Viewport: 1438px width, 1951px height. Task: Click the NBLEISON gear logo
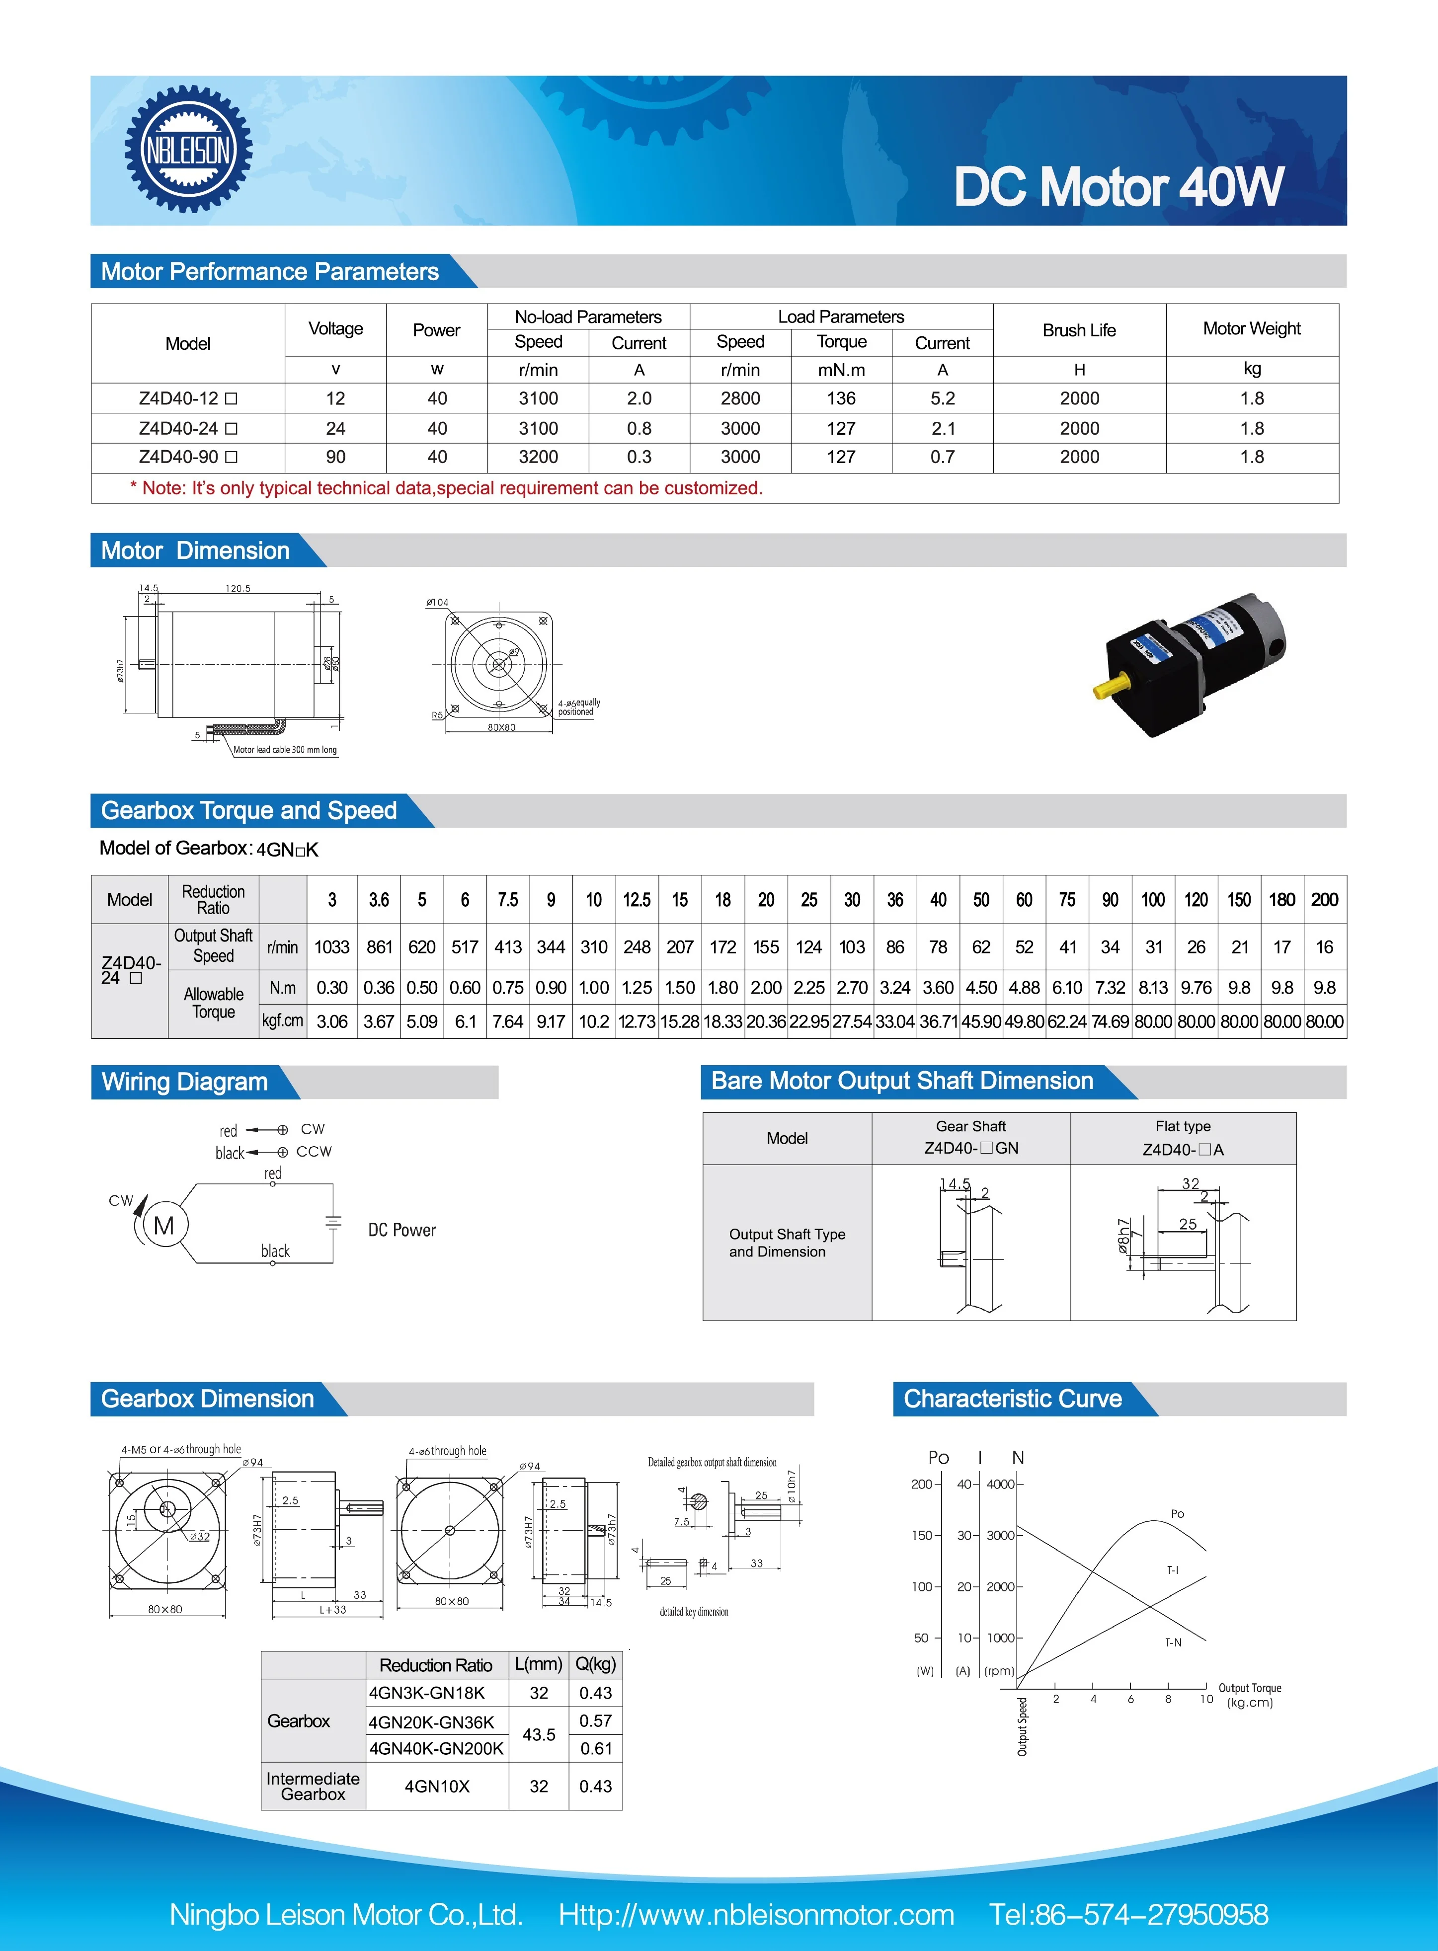click(x=188, y=150)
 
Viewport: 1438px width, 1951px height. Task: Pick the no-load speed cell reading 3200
click(x=538, y=457)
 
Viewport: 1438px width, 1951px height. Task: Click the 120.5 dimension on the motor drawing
click(x=238, y=588)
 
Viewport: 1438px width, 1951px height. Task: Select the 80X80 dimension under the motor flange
click(x=501, y=727)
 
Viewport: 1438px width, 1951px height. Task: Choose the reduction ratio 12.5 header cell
click(x=637, y=900)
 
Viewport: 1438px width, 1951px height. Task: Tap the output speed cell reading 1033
click(x=331, y=947)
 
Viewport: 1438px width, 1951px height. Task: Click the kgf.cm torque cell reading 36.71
click(x=938, y=1021)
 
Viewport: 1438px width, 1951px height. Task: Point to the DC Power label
click(x=401, y=1230)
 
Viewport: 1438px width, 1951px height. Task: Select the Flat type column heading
click(x=1183, y=1126)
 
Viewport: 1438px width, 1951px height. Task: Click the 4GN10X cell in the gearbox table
click(x=437, y=1787)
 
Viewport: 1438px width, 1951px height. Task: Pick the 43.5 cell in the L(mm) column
click(x=539, y=1734)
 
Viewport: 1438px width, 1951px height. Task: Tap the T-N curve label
click(x=1173, y=1642)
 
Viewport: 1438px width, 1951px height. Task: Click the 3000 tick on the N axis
click(x=1000, y=1535)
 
